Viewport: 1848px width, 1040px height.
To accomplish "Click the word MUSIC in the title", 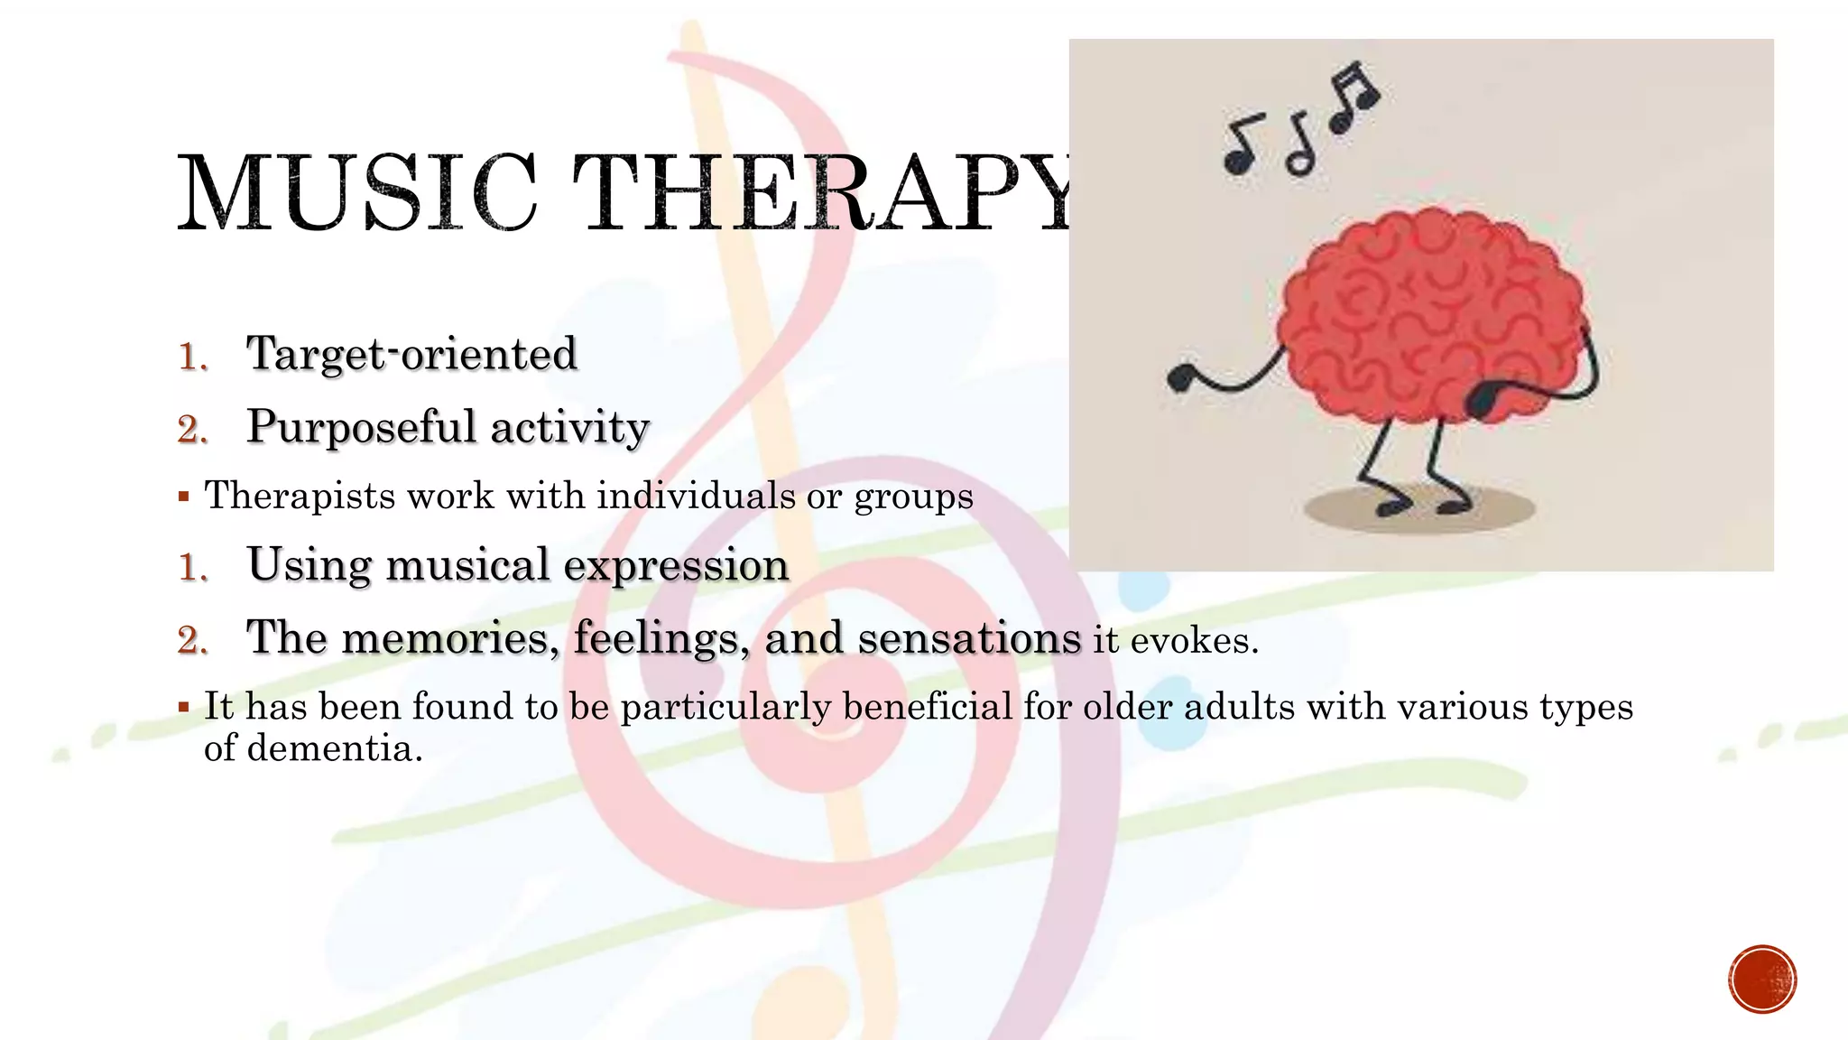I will click(357, 192).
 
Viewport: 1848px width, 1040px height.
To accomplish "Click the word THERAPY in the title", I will click(821, 192).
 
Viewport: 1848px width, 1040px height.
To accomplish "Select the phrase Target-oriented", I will click(411, 354).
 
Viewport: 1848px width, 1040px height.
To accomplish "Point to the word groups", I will click(913, 497).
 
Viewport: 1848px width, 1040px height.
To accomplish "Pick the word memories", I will click(445, 638).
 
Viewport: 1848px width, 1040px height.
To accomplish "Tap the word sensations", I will click(968, 638).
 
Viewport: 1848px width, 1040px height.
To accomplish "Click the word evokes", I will click(1193, 641).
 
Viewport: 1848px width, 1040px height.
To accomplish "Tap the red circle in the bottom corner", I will click(1762, 980).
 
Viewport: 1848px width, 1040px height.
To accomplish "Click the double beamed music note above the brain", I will click(1354, 95).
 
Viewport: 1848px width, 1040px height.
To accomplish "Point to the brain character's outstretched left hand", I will click(1180, 377).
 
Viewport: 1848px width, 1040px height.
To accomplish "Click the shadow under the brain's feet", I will click(1419, 510).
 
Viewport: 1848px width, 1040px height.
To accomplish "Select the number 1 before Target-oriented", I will click(192, 357).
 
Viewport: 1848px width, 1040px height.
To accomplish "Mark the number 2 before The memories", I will click(192, 640).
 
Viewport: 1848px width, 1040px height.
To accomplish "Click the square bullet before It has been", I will click(184, 707).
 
